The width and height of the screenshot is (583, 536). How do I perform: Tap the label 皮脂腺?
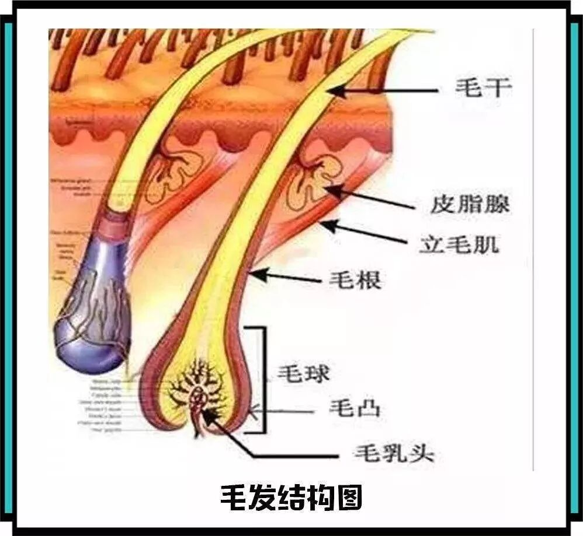470,204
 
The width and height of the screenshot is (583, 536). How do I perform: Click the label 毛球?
303,374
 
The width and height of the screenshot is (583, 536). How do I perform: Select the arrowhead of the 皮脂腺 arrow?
331,190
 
